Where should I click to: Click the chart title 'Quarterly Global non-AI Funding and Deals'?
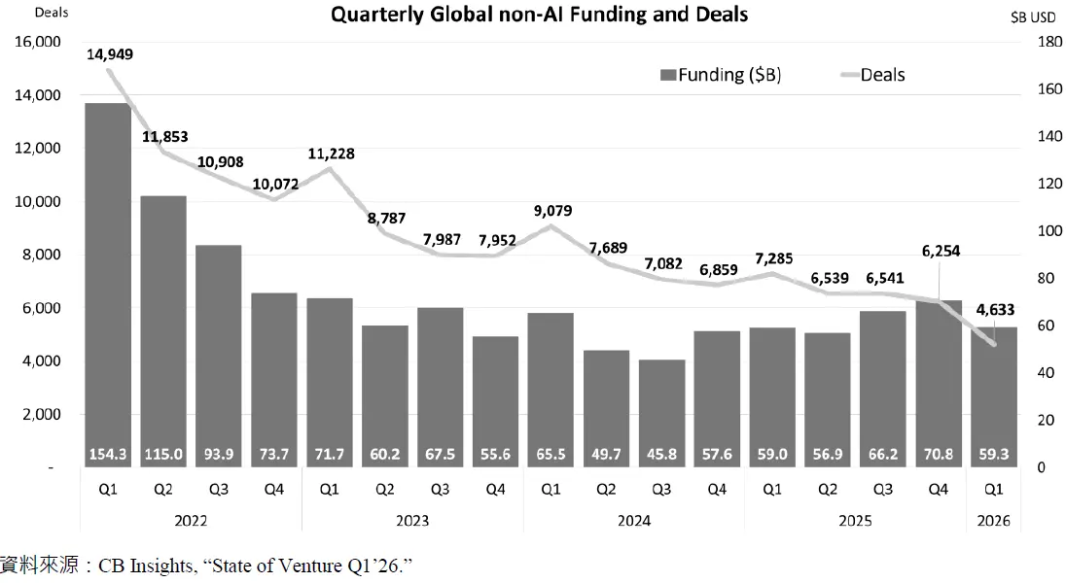540,15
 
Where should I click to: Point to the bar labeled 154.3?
108,282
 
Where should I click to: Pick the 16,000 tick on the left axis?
36,43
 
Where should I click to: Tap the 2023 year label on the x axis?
412,521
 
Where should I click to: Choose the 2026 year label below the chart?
993,521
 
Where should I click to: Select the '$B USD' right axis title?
1032,17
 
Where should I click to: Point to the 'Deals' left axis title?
24,13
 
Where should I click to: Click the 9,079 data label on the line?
551,208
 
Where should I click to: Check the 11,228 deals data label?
330,153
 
